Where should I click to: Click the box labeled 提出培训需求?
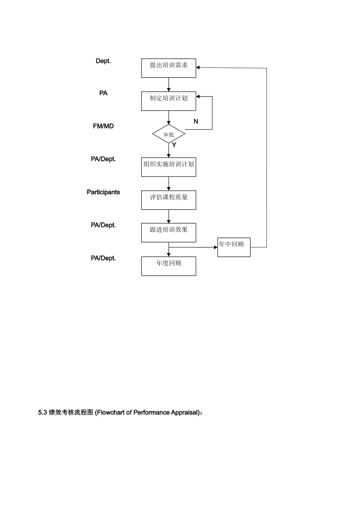[169, 68]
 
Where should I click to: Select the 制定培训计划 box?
[169, 101]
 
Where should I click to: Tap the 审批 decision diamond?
[169, 134]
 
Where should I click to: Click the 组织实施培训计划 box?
[169, 167]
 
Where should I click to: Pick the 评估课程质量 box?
[169, 200]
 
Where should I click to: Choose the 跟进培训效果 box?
[169, 233]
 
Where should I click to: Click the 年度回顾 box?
[169, 266]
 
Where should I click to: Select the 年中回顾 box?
[234, 247]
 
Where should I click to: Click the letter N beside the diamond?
[196, 122]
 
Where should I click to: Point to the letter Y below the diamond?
[174, 145]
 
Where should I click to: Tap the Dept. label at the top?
[103, 61]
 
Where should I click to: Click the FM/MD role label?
[103, 126]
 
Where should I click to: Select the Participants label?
[103, 192]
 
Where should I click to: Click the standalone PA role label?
[103, 93]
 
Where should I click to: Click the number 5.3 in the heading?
[42, 412]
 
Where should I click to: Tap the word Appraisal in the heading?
[184, 412]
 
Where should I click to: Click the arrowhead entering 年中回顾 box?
[216, 247]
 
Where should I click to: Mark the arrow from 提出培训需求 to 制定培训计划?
[169, 85]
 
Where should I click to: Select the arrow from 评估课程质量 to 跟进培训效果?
[169, 217]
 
